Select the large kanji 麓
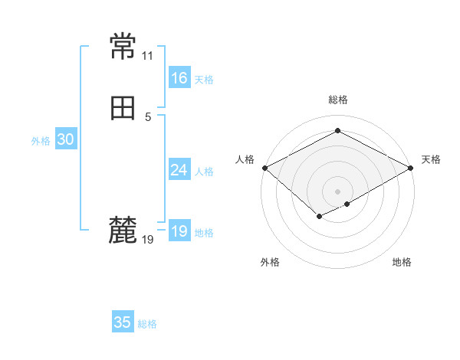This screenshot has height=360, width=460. click(123, 230)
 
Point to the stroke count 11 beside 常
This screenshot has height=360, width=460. click(147, 56)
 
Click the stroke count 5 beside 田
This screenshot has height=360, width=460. click(147, 117)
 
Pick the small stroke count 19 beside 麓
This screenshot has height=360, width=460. click(148, 240)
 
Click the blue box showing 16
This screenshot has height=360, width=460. click(179, 78)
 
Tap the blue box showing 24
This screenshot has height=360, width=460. click(179, 170)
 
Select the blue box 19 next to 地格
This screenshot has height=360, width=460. click(179, 231)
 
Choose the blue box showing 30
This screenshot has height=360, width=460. click(65, 139)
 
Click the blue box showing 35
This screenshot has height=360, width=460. click(123, 322)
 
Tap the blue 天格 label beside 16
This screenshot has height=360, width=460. click(204, 80)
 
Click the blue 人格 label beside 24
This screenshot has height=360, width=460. click(204, 172)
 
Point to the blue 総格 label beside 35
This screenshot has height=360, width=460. click(147, 324)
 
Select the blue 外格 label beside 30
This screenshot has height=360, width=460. click(41, 141)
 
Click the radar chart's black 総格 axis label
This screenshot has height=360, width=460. click(337, 100)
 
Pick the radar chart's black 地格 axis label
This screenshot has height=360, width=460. click(402, 263)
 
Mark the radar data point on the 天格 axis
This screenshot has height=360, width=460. click(411, 168)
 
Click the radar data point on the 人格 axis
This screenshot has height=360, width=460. click(264, 168)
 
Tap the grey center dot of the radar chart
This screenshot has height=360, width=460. click(337, 191)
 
